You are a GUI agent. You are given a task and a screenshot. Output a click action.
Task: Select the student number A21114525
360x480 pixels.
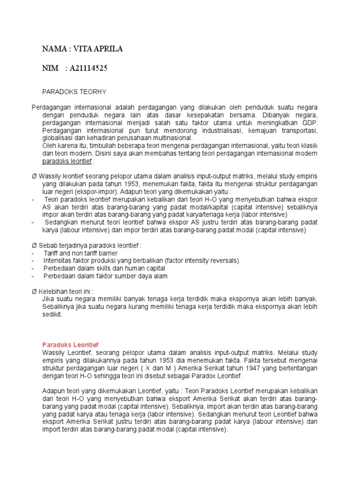(89, 68)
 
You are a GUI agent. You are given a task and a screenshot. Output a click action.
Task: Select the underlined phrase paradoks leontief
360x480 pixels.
(67, 161)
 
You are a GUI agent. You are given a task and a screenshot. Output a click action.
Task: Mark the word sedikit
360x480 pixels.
(52, 315)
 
